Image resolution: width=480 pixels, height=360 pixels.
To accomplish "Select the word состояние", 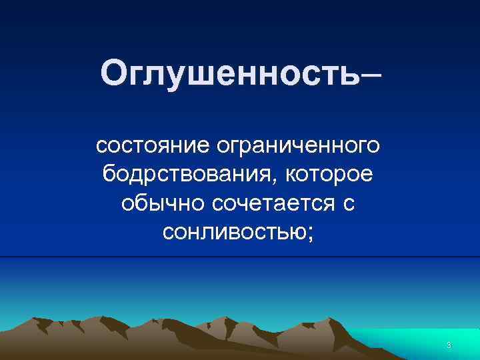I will (x=152, y=145).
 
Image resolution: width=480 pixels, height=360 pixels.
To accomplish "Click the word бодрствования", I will (x=189, y=175).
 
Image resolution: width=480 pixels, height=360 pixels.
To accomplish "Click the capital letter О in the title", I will (x=115, y=74).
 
